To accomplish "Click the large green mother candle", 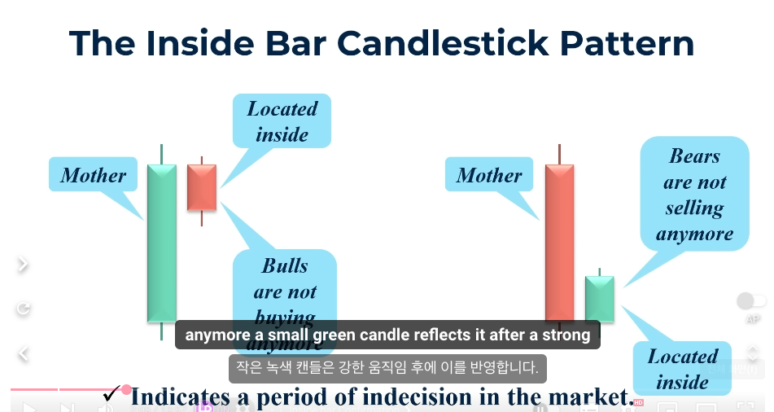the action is (x=162, y=243).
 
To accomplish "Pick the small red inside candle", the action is (x=202, y=187).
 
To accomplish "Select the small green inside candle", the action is (x=600, y=298).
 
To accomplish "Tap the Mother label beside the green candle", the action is (x=93, y=175).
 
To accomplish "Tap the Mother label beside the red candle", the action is (x=489, y=175).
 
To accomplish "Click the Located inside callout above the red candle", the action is (x=282, y=121).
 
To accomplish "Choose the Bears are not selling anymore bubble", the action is (x=694, y=195).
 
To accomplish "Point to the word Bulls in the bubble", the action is (x=285, y=266).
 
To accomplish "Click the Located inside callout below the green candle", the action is (x=682, y=369).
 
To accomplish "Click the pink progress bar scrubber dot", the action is (x=126, y=389).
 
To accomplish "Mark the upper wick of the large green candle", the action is (x=162, y=154).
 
